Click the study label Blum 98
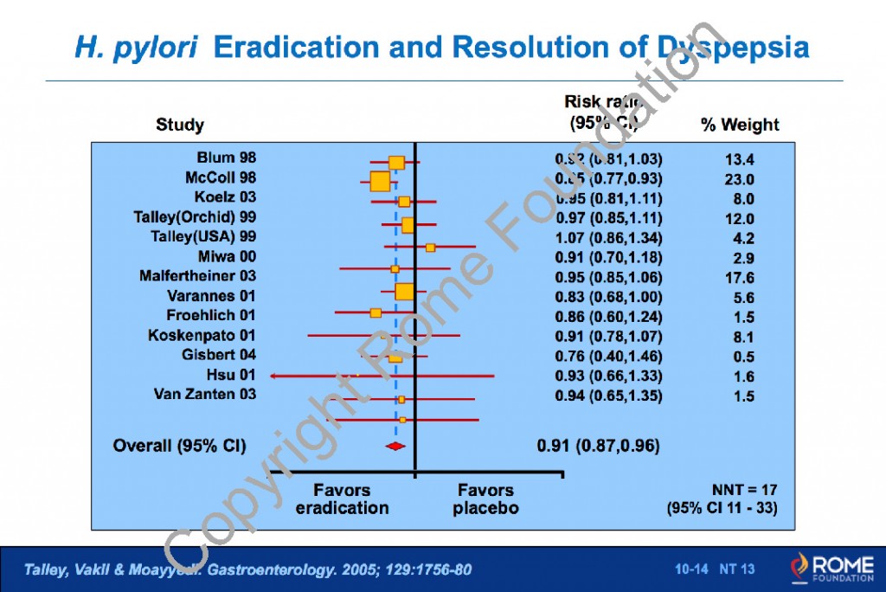click(227, 158)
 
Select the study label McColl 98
click(221, 177)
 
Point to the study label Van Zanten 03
click(205, 395)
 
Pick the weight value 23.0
click(740, 180)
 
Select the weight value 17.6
click(740, 278)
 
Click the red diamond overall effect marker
click(395, 446)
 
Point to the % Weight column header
click(739, 125)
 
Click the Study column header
click(180, 125)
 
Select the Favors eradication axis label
click(342, 499)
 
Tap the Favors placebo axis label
click(485, 499)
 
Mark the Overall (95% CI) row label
click(180, 447)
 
